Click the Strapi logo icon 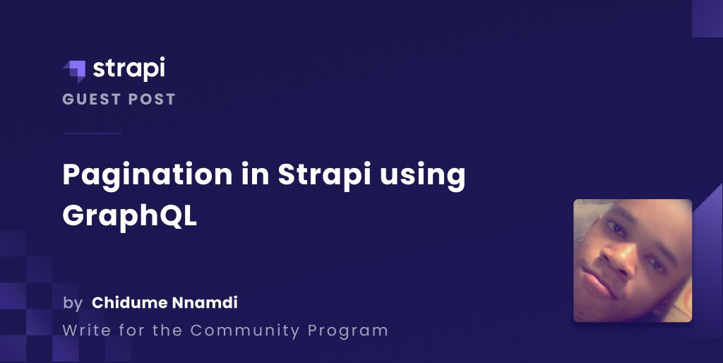(73, 71)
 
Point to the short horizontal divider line (92, 133)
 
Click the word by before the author (72, 304)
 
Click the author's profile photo (632, 261)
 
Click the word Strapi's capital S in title (288, 174)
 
